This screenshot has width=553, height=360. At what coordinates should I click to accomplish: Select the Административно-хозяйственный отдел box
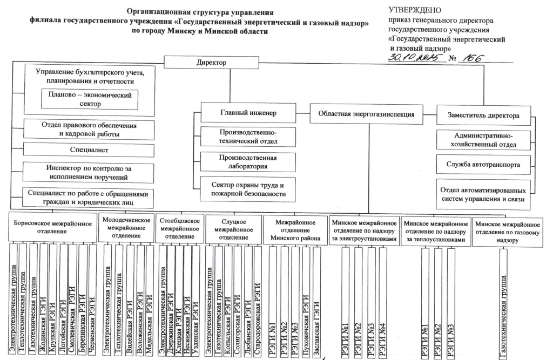[x=483, y=140]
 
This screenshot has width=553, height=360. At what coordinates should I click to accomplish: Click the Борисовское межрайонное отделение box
[x=52, y=227]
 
